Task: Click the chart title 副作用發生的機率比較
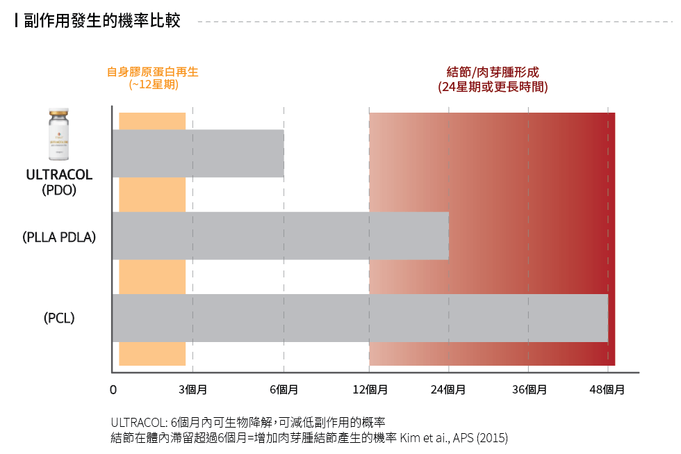[101, 21]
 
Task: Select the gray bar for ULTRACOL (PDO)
[198, 153]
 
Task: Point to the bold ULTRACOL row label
[59, 174]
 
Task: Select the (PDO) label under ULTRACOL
[59, 189]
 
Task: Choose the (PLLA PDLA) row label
[59, 236]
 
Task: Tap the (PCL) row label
[59, 318]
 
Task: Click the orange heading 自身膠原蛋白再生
[152, 72]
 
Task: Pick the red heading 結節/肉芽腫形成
[492, 72]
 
